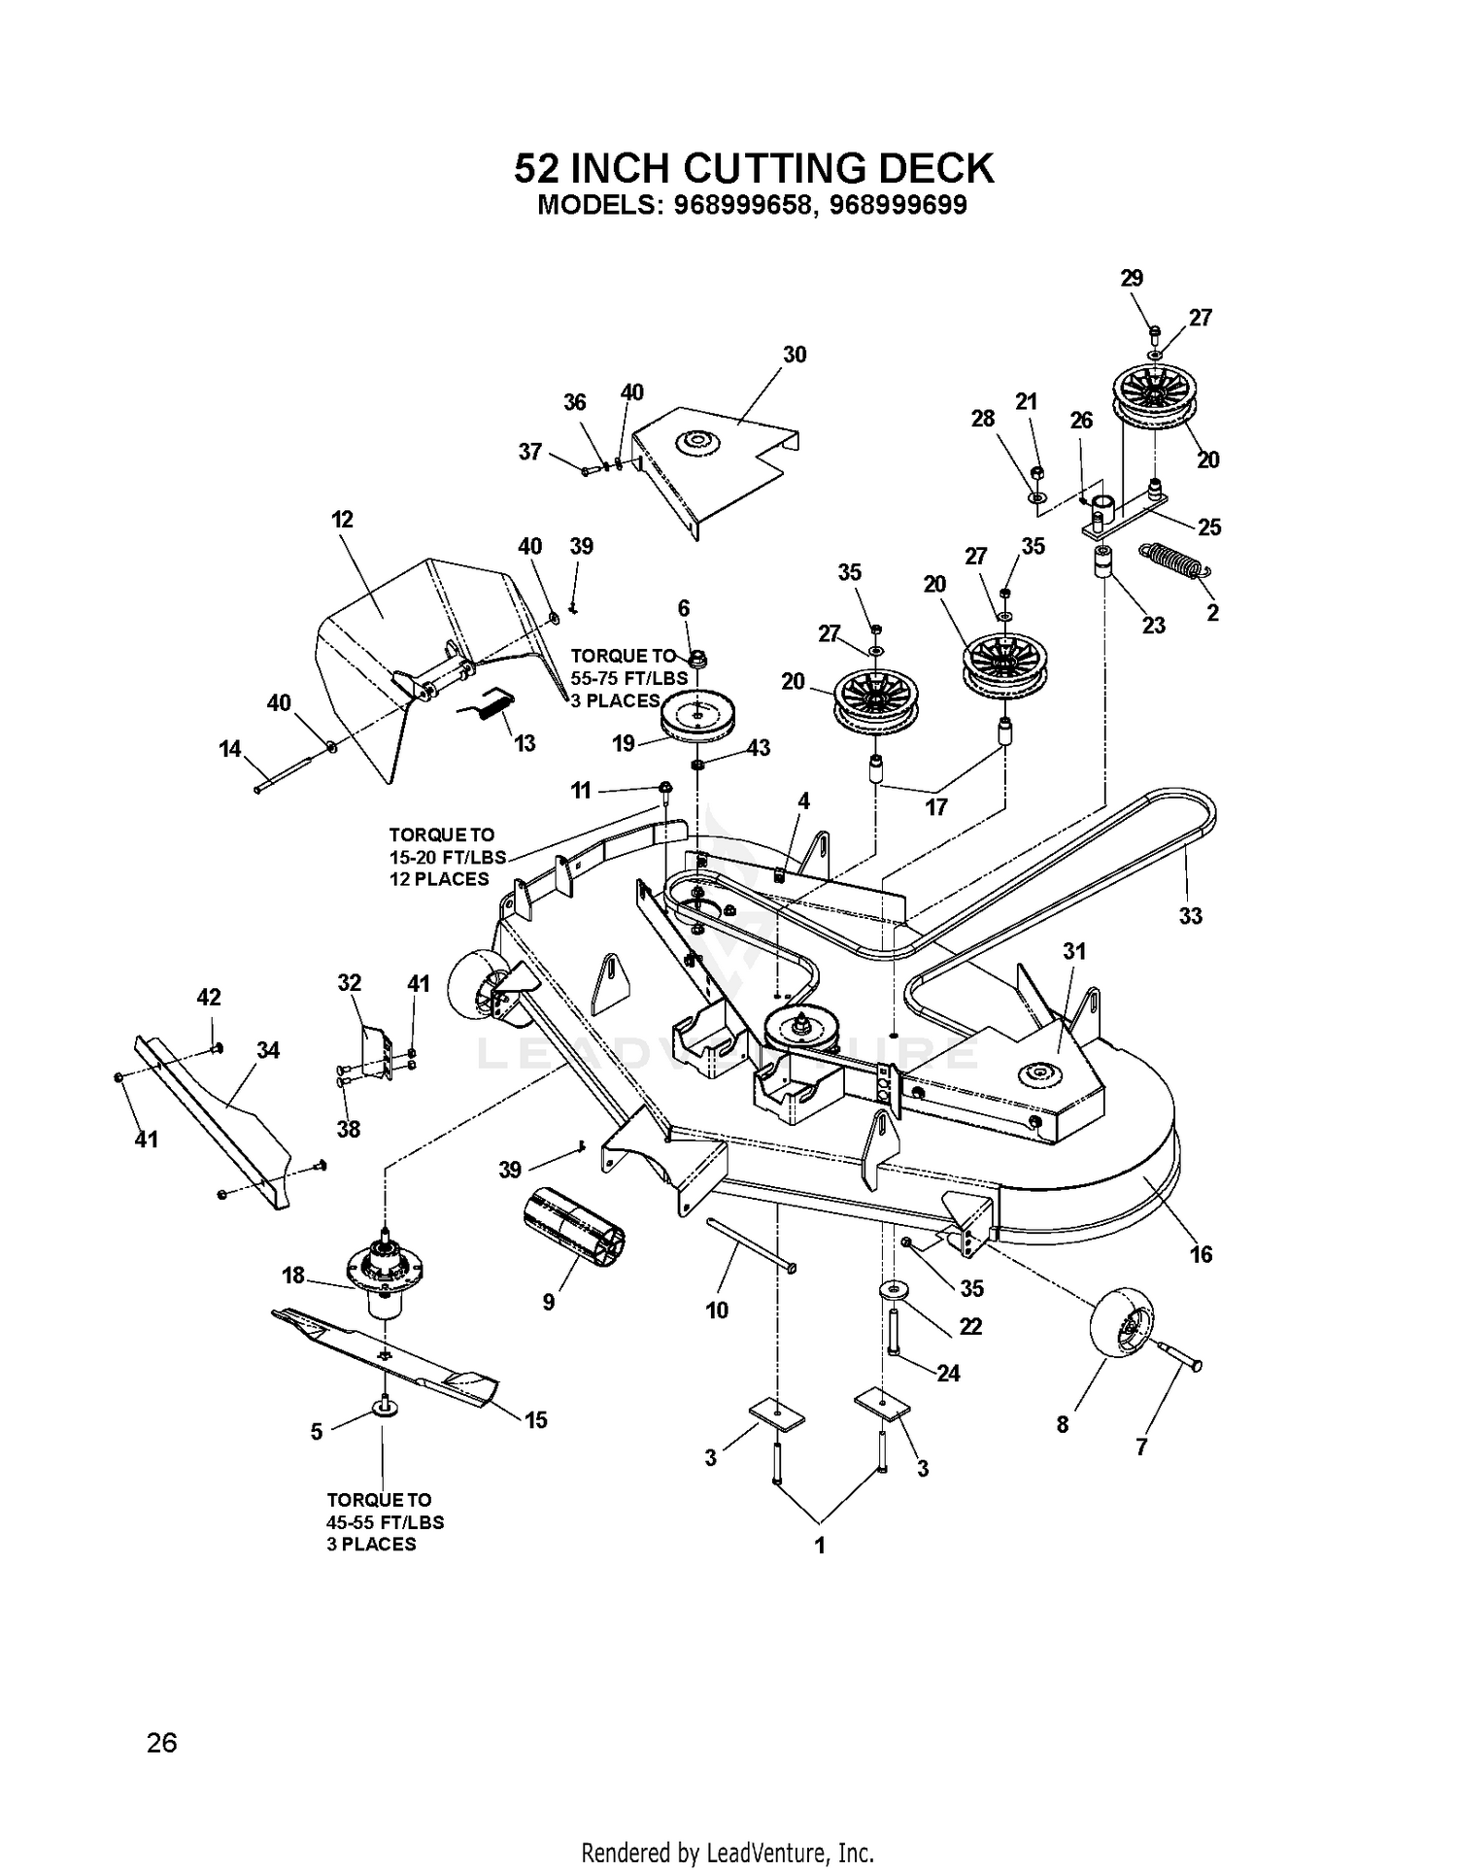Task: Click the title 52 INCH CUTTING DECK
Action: coord(754,168)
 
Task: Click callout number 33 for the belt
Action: coord(1190,915)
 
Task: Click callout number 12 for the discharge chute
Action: coord(342,519)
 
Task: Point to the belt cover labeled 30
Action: coord(715,466)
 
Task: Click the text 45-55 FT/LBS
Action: coord(385,1522)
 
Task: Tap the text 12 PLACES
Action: coord(439,879)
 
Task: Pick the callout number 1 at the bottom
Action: coord(820,1545)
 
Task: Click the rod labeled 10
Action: coord(752,1244)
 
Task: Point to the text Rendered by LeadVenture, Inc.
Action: coord(728,1851)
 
